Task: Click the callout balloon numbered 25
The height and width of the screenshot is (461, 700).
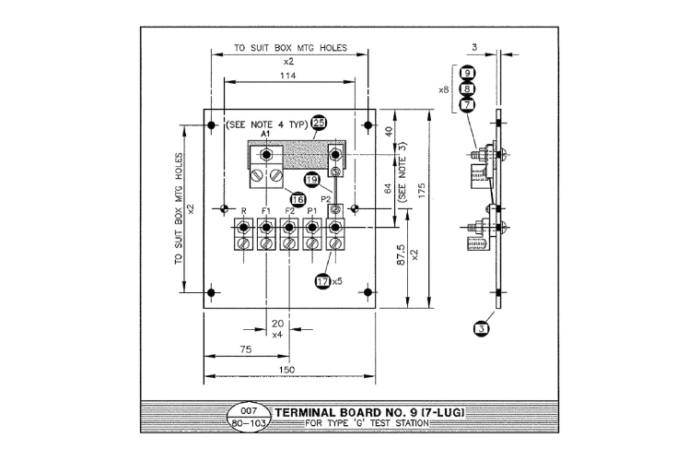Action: click(319, 123)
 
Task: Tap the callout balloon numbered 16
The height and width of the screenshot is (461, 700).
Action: click(297, 198)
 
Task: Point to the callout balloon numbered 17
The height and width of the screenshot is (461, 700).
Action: click(323, 281)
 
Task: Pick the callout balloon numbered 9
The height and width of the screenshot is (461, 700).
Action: click(468, 73)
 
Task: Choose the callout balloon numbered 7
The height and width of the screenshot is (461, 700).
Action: click(468, 105)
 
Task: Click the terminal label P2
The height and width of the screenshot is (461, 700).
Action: click(325, 198)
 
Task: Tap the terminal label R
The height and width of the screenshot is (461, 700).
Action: click(243, 212)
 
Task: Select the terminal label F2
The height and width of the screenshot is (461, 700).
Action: click(289, 212)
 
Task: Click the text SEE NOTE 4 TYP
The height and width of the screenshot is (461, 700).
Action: click(268, 124)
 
